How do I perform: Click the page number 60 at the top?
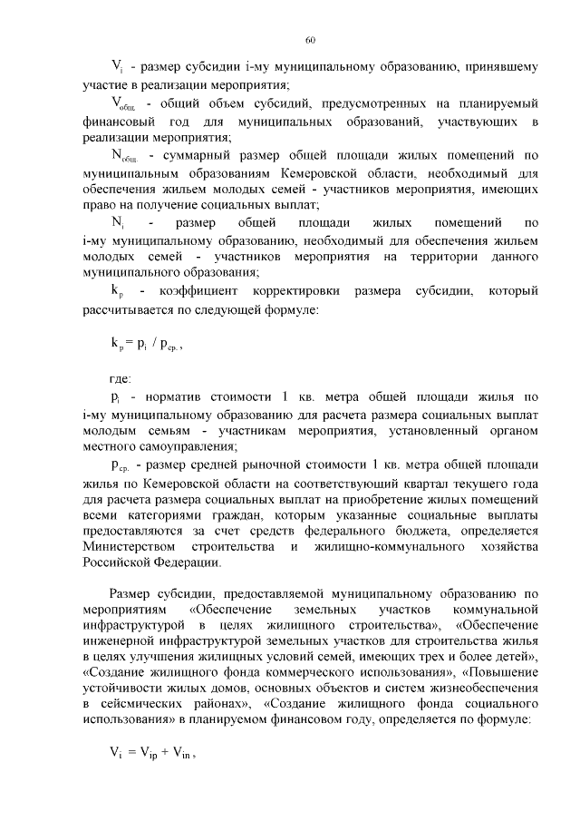tap(310, 40)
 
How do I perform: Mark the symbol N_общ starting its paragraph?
tap(123, 156)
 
